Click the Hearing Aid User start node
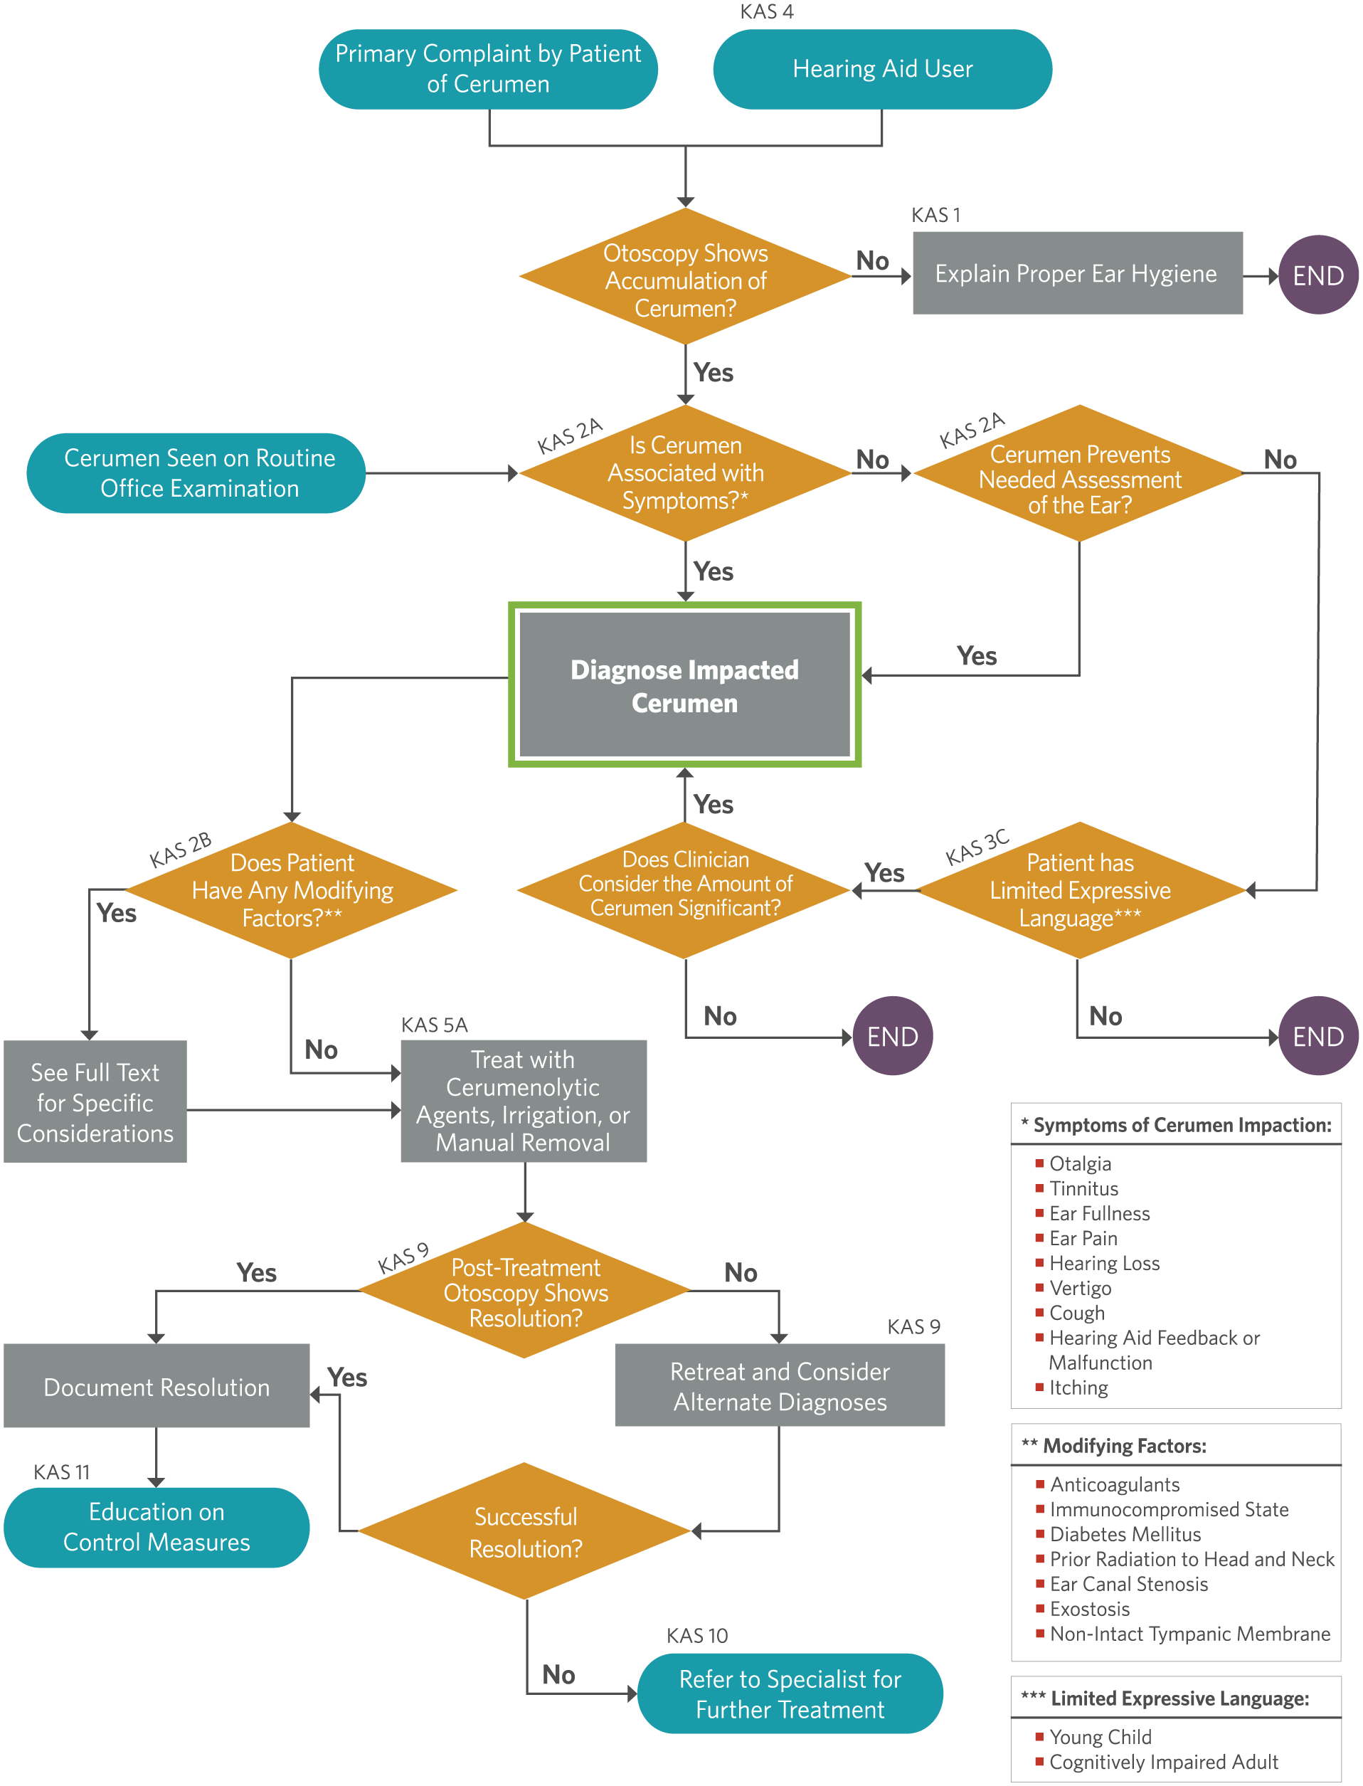pos(883,69)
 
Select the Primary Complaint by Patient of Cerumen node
pos(489,69)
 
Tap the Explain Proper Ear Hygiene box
pos(1078,273)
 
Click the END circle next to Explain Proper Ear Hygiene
pos(1318,275)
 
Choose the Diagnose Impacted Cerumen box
pos(685,685)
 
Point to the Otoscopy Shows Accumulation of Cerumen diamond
pos(686,277)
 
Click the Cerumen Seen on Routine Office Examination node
pos(196,473)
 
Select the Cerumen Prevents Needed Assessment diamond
pos(1080,473)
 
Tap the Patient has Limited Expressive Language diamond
pos(1080,890)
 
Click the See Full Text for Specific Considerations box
pos(95,1102)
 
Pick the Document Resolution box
pos(157,1387)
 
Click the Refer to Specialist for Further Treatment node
pos(790,1693)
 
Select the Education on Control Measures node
pos(157,1526)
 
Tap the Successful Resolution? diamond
pos(525,1531)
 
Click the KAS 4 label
pos(767,11)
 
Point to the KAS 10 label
pos(697,1636)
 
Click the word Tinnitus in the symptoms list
pos(1084,1189)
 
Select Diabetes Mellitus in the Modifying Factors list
pos(1125,1534)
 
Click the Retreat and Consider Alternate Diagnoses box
pos(780,1386)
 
